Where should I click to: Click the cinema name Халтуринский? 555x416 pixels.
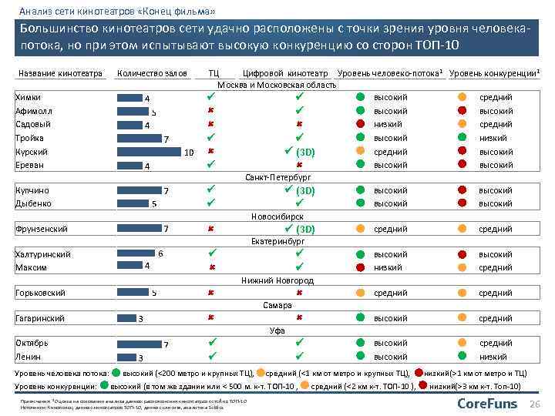pyautogui.click(x=43, y=254)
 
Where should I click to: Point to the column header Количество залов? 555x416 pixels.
pyautogui.click(x=152, y=73)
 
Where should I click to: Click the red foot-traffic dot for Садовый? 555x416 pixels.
pyautogui.click(x=359, y=124)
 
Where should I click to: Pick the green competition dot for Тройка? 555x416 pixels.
pyautogui.click(x=462, y=138)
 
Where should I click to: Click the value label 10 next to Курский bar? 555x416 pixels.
pyautogui.click(x=189, y=153)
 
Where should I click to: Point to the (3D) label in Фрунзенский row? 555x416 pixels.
pyautogui.click(x=305, y=229)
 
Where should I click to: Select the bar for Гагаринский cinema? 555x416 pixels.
pyautogui.click(x=126, y=319)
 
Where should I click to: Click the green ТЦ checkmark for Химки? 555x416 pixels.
pyautogui.click(x=210, y=97)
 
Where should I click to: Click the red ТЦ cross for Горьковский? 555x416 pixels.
pyautogui.click(x=210, y=293)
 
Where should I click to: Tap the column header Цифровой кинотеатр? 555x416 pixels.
pyautogui.click(x=286, y=73)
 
